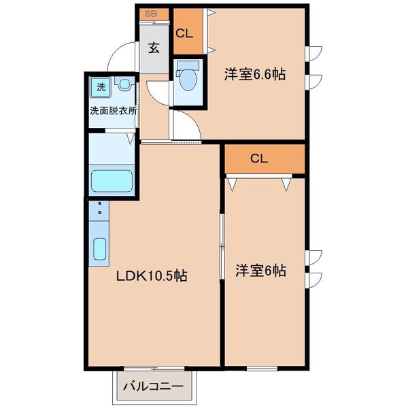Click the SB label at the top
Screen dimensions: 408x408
[x=150, y=14]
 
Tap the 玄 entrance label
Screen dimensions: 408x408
[x=154, y=48]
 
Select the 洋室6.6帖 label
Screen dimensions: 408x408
[x=256, y=75]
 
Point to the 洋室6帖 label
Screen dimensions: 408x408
[x=261, y=270]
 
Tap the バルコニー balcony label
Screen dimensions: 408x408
[x=153, y=387]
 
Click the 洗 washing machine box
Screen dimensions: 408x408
[x=101, y=86]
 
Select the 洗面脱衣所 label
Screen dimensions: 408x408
[x=114, y=109]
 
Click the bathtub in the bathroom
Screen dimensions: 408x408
[x=113, y=182]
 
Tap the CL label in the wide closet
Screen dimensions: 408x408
[x=258, y=159]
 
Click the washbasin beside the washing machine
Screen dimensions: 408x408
[x=124, y=85]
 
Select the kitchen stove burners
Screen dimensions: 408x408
[x=99, y=211]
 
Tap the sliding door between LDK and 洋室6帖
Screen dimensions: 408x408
[x=222, y=245]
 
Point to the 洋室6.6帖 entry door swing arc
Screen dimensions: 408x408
[x=185, y=125]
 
